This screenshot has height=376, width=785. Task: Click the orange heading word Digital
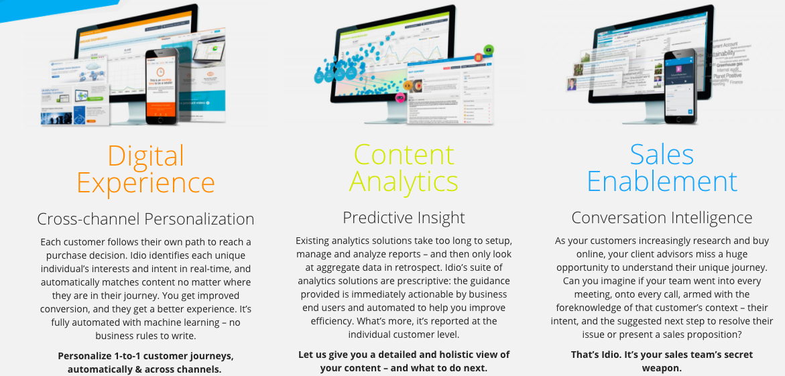145,155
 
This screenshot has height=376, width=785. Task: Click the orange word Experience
145,182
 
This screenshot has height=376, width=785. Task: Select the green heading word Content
404,155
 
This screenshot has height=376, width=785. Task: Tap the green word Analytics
404,182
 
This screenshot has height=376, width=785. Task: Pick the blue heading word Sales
662,155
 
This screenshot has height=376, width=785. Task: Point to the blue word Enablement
662,182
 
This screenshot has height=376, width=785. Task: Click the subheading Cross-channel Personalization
145,219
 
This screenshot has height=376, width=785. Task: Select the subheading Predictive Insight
404,218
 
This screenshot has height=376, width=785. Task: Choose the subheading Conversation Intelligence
662,218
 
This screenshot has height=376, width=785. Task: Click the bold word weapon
661,368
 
